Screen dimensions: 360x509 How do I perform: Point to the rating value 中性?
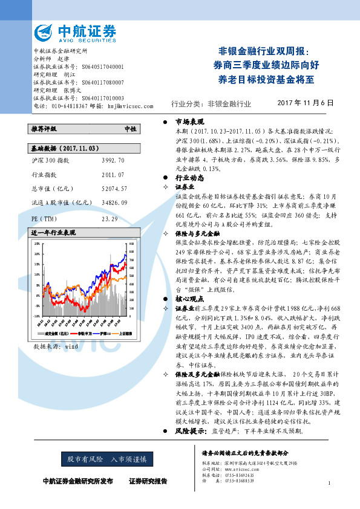click(129, 129)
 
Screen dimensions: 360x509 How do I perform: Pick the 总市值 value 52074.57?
click(114, 189)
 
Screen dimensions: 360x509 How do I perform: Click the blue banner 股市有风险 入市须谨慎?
click(106, 459)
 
